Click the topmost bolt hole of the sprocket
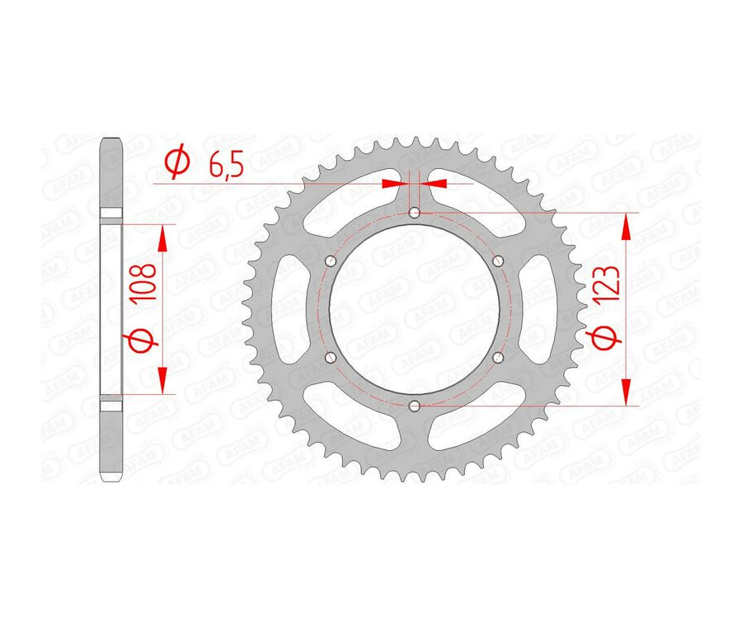(x=414, y=214)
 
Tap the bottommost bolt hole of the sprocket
(x=414, y=406)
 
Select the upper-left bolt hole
(x=331, y=261)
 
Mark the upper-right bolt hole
(x=497, y=261)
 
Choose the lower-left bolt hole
(x=331, y=358)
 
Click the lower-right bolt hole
(x=497, y=358)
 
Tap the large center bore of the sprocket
(x=414, y=309)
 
